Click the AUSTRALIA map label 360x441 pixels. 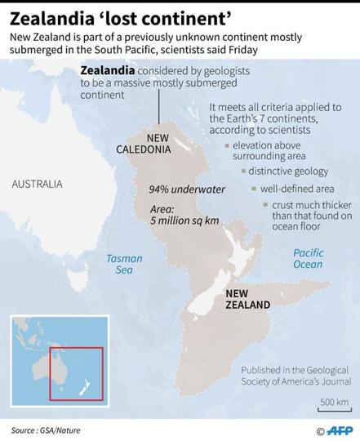click(x=37, y=185)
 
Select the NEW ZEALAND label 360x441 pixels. click(x=247, y=299)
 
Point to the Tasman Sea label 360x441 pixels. click(x=124, y=264)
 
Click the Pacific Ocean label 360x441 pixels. click(x=308, y=258)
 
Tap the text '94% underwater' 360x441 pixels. click(x=187, y=189)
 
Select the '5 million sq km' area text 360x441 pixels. click(x=184, y=220)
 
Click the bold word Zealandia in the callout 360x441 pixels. click(x=106, y=70)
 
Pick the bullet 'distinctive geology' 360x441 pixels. click(x=288, y=171)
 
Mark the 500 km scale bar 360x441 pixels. click(x=333, y=408)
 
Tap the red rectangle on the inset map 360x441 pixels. click(x=76, y=373)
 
